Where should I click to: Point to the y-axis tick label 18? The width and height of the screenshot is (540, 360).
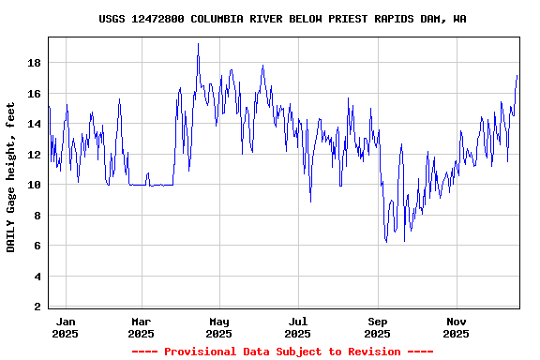(34, 63)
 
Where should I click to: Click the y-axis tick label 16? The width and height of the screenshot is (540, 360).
(34, 94)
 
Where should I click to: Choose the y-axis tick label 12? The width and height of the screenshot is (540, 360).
(34, 155)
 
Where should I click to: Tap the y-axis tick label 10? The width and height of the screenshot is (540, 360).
(34, 185)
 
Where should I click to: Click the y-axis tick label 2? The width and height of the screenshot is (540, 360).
(37, 307)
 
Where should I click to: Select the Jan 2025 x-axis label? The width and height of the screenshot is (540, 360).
(65, 327)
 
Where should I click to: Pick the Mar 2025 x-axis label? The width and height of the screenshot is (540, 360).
(141, 327)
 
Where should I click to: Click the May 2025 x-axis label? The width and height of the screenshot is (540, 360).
(218, 327)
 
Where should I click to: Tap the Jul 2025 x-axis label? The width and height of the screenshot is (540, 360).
(297, 327)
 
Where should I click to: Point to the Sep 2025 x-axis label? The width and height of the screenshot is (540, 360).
(377, 327)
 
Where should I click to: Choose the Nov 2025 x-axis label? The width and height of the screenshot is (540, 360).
(456, 327)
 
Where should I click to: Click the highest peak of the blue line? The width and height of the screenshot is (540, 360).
(198, 44)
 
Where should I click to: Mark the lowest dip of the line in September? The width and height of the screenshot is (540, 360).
(386, 243)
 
